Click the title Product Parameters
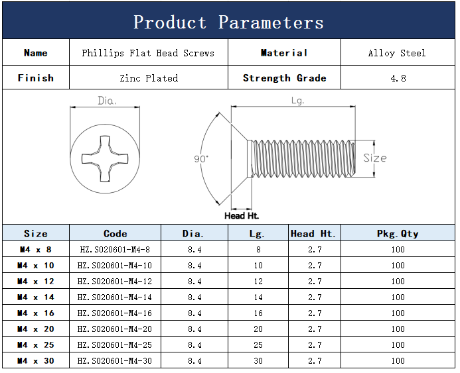click(228, 23)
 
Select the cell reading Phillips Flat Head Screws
click(148, 53)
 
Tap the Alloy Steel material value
click(397, 53)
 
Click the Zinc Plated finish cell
click(149, 78)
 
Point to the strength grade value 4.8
click(398, 78)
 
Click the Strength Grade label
click(285, 78)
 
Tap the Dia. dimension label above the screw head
click(107, 101)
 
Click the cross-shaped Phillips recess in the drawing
click(105, 159)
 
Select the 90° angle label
click(201, 159)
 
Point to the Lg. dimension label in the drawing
click(298, 101)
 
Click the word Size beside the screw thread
click(375, 158)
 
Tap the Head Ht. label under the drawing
click(242, 216)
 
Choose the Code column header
click(115, 233)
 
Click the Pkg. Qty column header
click(398, 234)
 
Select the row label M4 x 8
click(36, 250)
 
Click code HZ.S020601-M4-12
click(115, 282)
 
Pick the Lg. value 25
click(258, 345)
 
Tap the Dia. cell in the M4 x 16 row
click(194, 313)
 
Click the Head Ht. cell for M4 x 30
click(315, 360)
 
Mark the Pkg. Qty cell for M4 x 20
click(398, 329)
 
